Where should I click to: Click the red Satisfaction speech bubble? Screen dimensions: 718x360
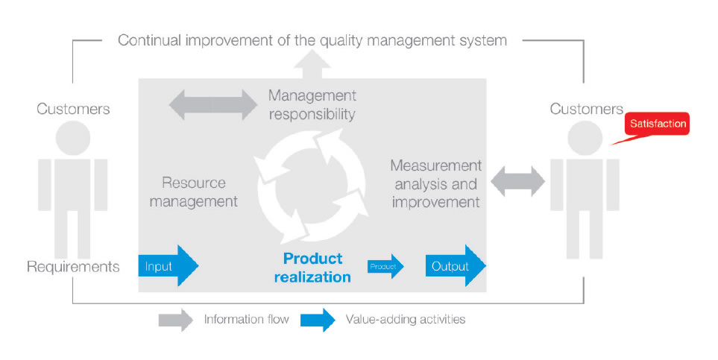[657, 124]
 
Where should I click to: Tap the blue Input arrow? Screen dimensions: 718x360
[168, 265]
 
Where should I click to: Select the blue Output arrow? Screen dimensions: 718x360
[456, 265]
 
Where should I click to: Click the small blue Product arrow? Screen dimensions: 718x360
[385, 266]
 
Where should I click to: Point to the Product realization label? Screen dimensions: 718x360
[312, 268]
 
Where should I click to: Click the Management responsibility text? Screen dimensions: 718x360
[312, 104]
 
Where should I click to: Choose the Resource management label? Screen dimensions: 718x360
[194, 192]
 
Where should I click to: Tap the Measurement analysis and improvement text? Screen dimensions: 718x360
[436, 183]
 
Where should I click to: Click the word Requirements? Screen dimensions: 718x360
[73, 267]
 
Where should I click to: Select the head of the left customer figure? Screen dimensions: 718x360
[73, 138]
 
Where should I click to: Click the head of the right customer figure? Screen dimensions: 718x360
[585, 138]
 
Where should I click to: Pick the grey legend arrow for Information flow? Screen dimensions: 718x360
[176, 320]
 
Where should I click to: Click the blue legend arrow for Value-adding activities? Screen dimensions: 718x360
[318, 320]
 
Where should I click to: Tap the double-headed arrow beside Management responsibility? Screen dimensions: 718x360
[213, 105]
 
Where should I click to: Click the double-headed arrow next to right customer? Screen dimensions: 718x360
[518, 181]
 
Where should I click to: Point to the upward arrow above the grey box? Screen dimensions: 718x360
[312, 64]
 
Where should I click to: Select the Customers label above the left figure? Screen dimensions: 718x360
[73, 109]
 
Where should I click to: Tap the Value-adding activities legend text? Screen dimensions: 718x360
[406, 319]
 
